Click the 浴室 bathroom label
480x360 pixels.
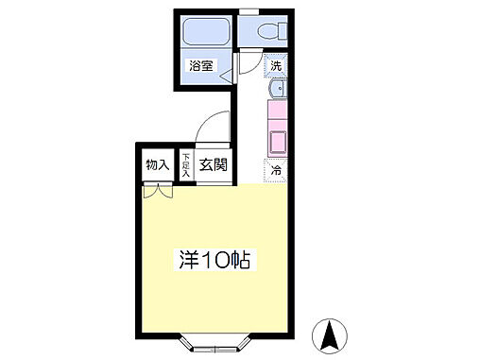pos(200,67)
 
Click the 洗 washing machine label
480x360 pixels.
pos(276,67)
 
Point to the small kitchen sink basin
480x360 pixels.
pos(277,90)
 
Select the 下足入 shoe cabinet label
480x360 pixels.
pos(186,166)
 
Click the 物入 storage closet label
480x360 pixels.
pos(158,165)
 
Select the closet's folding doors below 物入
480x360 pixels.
pos(158,190)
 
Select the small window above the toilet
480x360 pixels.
pos(249,11)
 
